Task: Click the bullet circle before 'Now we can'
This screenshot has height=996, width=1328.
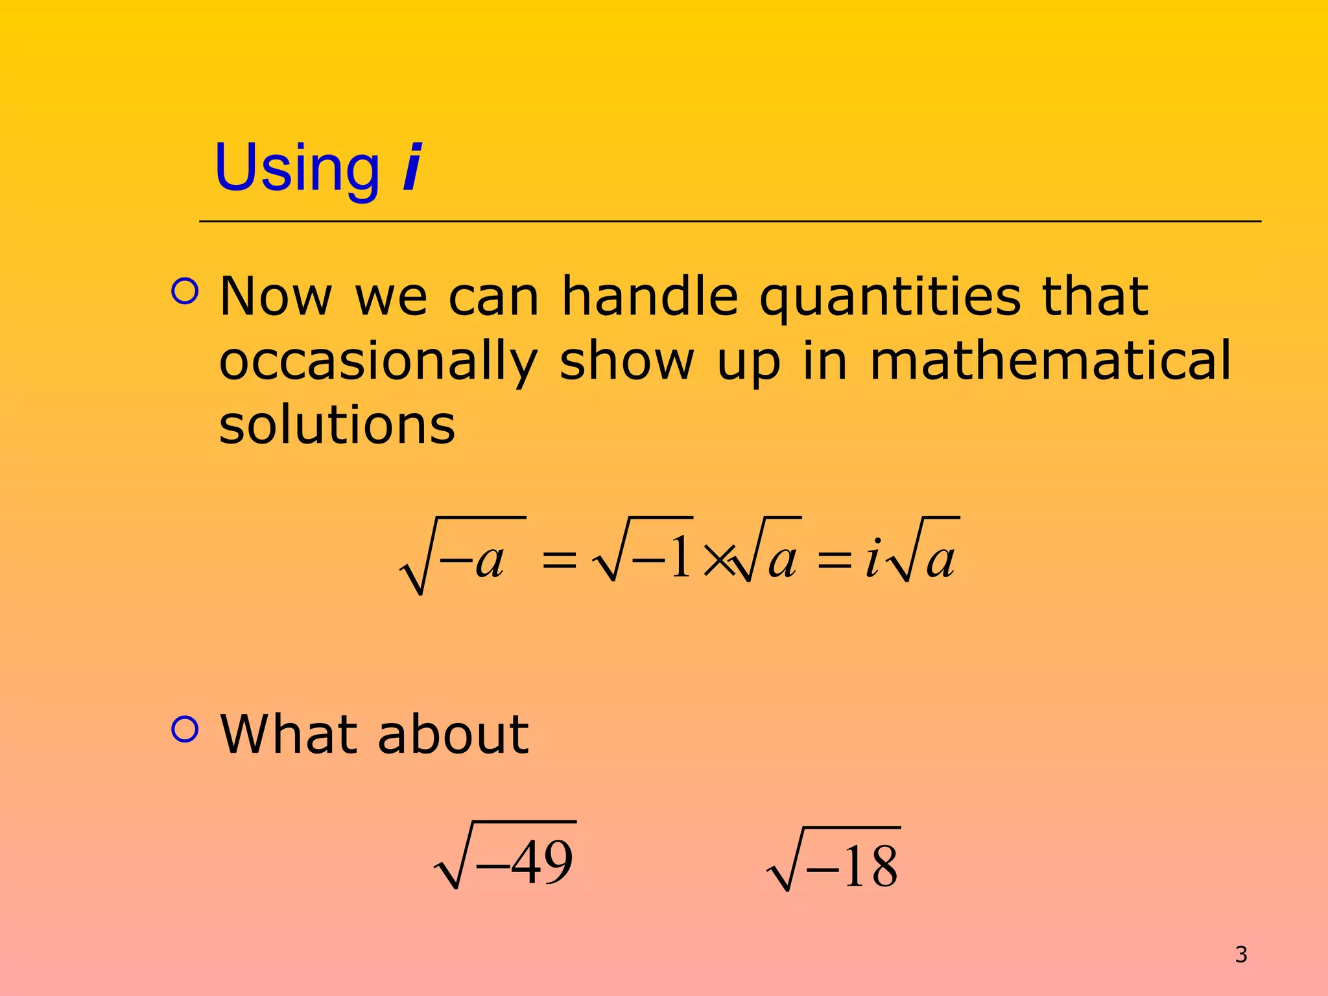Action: [x=185, y=291]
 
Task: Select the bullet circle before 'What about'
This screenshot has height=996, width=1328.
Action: [x=185, y=729]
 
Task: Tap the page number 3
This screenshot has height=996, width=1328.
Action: [x=1240, y=954]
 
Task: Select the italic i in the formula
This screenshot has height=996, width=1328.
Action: [x=872, y=558]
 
